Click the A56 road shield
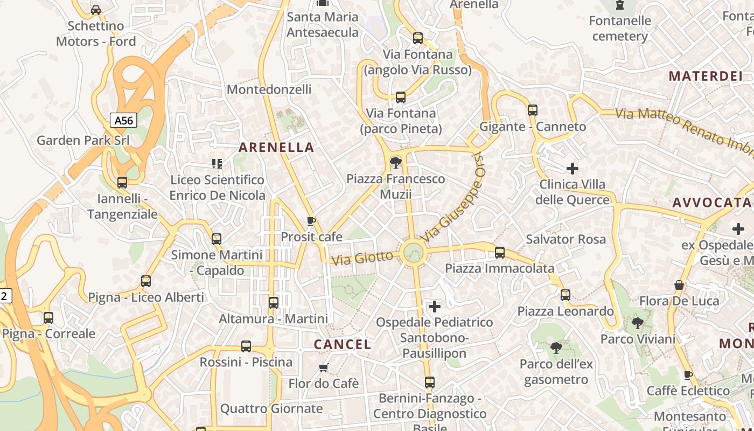[x=123, y=120]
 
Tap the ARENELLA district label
[x=276, y=147]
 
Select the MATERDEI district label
[x=706, y=76]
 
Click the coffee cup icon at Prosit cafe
[x=311, y=221]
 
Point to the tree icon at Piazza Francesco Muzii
[x=395, y=163]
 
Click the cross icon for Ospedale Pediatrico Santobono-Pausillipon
[x=434, y=307]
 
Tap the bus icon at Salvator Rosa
[x=500, y=253]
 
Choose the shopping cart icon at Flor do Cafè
[x=323, y=367]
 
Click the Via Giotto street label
[x=362, y=258]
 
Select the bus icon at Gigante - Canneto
[x=533, y=110]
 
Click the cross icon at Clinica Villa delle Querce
[x=573, y=169]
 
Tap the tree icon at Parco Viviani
[x=638, y=323]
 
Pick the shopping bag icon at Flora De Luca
[x=679, y=285]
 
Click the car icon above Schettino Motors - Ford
[x=96, y=10]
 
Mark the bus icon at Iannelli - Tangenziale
[x=122, y=183]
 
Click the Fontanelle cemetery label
[x=620, y=29]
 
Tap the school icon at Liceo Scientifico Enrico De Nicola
[x=217, y=163]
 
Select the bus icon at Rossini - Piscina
[x=246, y=346]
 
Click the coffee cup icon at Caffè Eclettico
[x=688, y=375]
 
